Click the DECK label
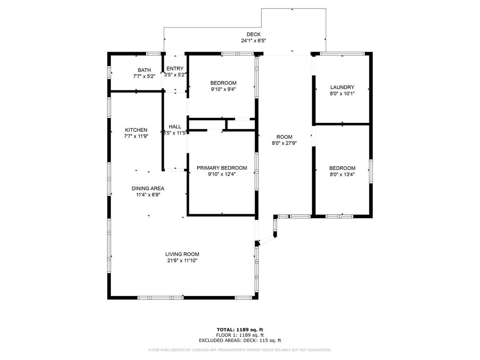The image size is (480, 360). click(253, 34)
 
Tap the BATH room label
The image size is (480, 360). click(144, 70)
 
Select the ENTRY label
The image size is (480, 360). click(175, 68)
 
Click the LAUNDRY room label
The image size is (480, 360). click(342, 87)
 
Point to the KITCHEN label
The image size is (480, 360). click(136, 130)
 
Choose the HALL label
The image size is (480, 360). click(175, 127)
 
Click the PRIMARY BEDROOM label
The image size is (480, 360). click(222, 168)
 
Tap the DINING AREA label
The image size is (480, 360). click(148, 189)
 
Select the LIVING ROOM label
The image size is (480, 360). click(183, 254)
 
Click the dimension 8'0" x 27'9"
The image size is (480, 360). click(284, 143)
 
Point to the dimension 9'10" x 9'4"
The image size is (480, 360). click(224, 90)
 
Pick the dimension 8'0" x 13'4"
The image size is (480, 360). click(342, 175)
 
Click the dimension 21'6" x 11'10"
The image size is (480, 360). click(183, 261)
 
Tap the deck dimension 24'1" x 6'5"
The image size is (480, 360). click(254, 40)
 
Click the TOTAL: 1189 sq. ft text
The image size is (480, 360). click(240, 330)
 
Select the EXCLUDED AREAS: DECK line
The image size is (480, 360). click(240, 340)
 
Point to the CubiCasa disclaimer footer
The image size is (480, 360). click(240, 350)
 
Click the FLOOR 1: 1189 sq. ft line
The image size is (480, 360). click(240, 335)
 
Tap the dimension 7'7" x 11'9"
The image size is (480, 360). click(136, 136)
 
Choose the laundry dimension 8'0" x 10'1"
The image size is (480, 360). click(342, 94)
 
